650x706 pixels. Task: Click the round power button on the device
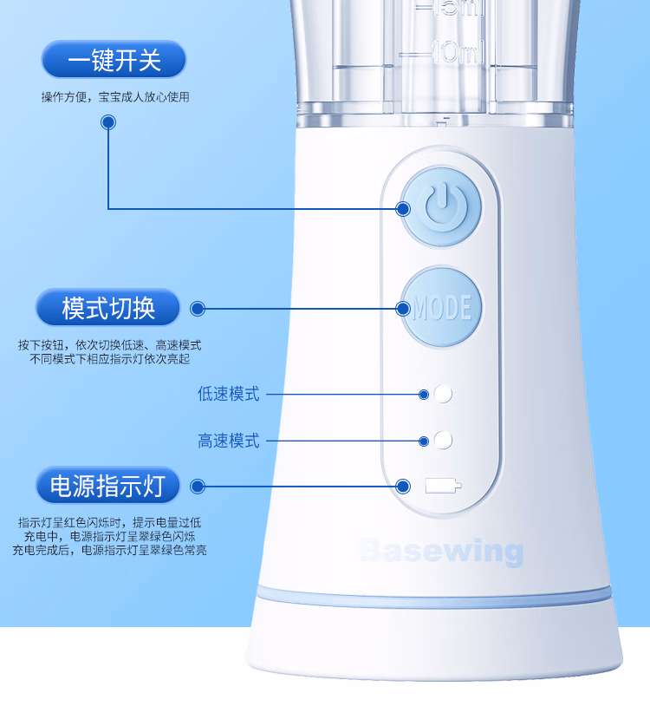(442, 208)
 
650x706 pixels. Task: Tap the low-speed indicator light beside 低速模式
(443, 394)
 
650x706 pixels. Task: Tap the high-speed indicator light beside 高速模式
(443, 441)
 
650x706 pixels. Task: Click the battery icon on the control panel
(443, 486)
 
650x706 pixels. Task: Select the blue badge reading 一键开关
(114, 60)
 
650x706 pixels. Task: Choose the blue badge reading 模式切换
(108, 308)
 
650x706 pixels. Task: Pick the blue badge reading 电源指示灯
(108, 486)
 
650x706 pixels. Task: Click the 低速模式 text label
(229, 394)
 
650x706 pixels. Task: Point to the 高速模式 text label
(229, 441)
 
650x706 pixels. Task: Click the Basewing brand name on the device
(442, 551)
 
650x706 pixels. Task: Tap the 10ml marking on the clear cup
(458, 52)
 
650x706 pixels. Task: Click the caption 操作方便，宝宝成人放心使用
(115, 97)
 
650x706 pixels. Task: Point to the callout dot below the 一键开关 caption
(108, 122)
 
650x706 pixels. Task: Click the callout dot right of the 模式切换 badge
(198, 309)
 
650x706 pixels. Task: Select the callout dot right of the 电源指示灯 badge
(198, 487)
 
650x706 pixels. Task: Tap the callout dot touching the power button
(403, 209)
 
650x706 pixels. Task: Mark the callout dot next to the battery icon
(403, 487)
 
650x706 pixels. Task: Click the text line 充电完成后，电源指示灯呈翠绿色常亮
(109, 550)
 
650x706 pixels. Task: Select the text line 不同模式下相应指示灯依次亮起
(110, 359)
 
